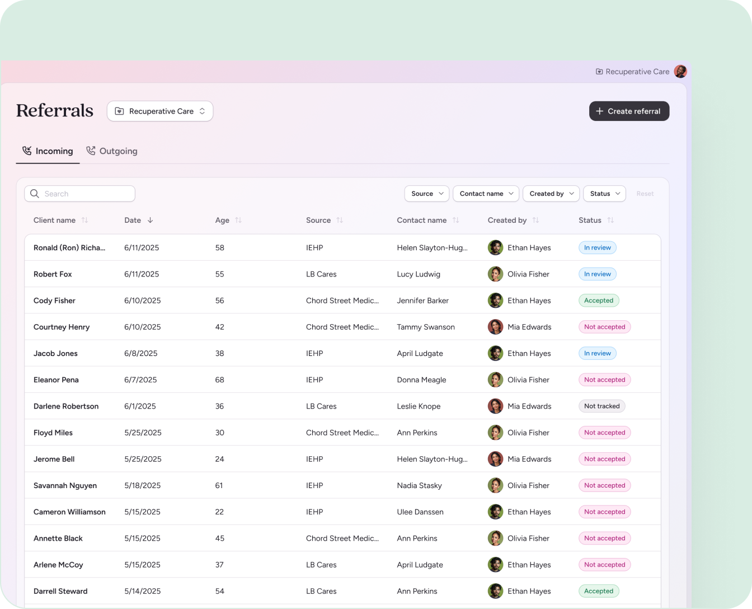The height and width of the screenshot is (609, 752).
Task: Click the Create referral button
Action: [629, 111]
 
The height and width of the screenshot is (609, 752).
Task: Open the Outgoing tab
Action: [112, 151]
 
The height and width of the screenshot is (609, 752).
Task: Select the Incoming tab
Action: [48, 151]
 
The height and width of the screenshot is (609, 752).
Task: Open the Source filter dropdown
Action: [426, 194]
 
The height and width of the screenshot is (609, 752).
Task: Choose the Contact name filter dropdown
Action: [486, 194]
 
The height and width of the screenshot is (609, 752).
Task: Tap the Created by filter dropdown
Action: [551, 194]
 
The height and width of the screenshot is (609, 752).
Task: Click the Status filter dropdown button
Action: [604, 194]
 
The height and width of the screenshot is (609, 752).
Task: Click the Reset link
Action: [645, 194]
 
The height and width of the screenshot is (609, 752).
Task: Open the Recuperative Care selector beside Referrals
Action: [160, 111]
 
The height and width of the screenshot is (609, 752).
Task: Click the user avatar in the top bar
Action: [680, 71]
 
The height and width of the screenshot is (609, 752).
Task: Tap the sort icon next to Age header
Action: [238, 220]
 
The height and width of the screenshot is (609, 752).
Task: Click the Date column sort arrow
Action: [150, 220]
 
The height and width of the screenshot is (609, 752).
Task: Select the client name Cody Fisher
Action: [54, 301]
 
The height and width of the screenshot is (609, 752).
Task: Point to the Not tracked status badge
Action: [601, 406]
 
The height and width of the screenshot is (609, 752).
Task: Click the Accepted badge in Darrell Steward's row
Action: [598, 591]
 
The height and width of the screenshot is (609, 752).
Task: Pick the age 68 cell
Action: [219, 380]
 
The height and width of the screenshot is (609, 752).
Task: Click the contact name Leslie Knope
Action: [419, 406]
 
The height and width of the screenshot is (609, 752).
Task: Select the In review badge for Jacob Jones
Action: [597, 354]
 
